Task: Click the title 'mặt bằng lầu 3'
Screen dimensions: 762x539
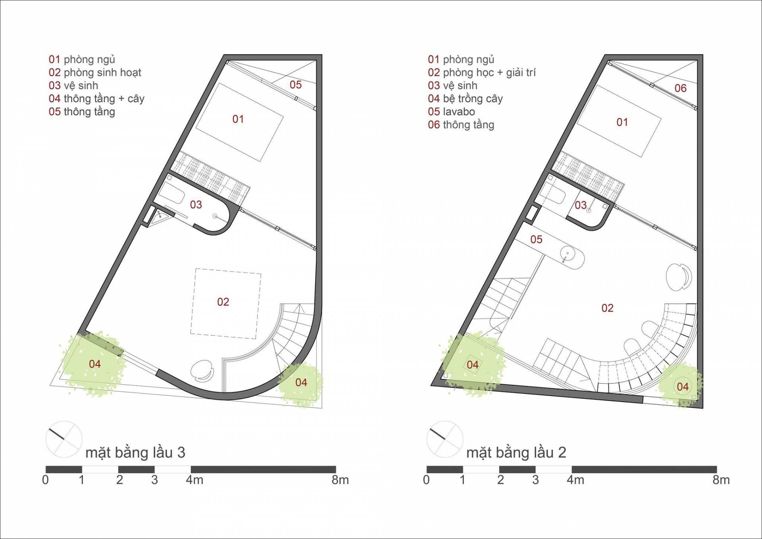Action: coord(135,453)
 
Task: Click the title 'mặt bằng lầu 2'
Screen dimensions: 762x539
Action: coord(516,453)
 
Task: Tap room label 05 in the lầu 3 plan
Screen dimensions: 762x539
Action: coord(295,85)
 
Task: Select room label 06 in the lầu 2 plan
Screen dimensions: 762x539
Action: coord(680,88)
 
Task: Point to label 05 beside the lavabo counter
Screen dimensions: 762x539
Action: coord(536,239)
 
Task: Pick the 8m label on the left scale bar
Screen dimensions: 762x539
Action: coord(340,480)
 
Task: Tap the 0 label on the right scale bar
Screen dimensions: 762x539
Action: coord(426,480)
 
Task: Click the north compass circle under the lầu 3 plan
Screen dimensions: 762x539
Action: coord(64,439)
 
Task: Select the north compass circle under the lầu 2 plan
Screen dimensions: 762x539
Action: coord(445,439)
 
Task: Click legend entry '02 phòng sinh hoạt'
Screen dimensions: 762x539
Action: coord(95,73)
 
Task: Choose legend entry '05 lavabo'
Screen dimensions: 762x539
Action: coord(451,112)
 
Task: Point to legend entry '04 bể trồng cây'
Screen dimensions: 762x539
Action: coord(465,98)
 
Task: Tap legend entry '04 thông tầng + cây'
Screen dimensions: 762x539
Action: coord(96,98)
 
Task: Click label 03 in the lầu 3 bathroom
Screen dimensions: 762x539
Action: coord(196,204)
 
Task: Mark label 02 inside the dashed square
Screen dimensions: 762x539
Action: coord(223,302)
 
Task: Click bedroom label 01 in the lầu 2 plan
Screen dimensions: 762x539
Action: coord(622,122)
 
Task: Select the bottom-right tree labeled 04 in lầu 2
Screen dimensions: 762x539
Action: coord(680,385)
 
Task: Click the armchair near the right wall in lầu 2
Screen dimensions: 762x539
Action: coord(679,276)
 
